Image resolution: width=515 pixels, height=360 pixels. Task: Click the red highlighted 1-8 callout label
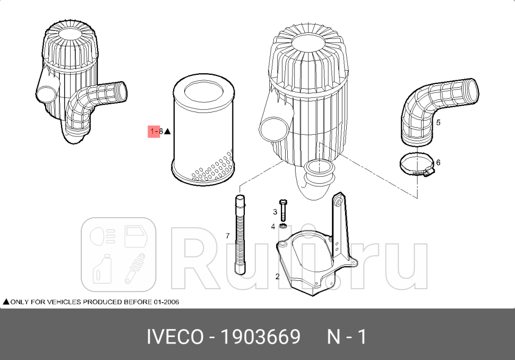coord(154,131)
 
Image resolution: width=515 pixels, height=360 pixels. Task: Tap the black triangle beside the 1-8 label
coord(167,131)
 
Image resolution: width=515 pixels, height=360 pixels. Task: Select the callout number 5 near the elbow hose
coord(438,123)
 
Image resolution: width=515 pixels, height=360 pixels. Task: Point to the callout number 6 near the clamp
coord(438,162)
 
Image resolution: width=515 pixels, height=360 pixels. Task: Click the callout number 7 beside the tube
coord(228,235)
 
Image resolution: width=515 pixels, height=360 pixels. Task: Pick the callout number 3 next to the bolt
coord(275,212)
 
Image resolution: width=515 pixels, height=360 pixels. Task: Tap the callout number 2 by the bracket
coord(277,276)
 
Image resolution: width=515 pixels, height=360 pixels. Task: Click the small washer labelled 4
coord(283,227)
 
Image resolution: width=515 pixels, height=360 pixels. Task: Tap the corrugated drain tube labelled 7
coord(240,234)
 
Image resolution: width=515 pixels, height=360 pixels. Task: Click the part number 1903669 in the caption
coord(261,337)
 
